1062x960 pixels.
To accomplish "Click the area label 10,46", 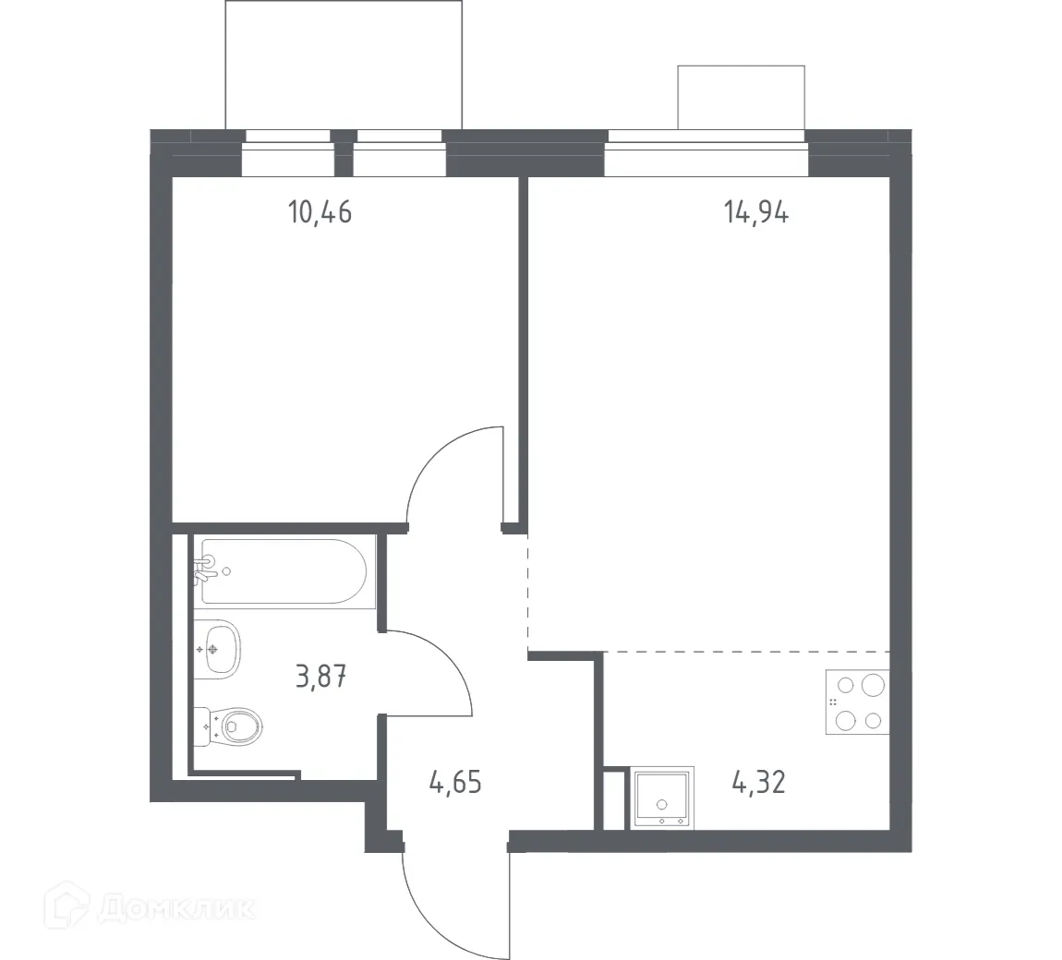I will [x=320, y=213].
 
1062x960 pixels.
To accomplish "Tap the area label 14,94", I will [x=755, y=213].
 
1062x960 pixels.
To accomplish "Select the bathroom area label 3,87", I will [x=320, y=678].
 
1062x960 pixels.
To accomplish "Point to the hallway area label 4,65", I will [x=455, y=785].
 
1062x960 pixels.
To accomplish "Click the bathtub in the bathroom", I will [x=284, y=571].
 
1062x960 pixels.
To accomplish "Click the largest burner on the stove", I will [x=872, y=685].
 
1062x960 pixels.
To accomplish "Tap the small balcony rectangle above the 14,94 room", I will [x=741, y=97].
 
